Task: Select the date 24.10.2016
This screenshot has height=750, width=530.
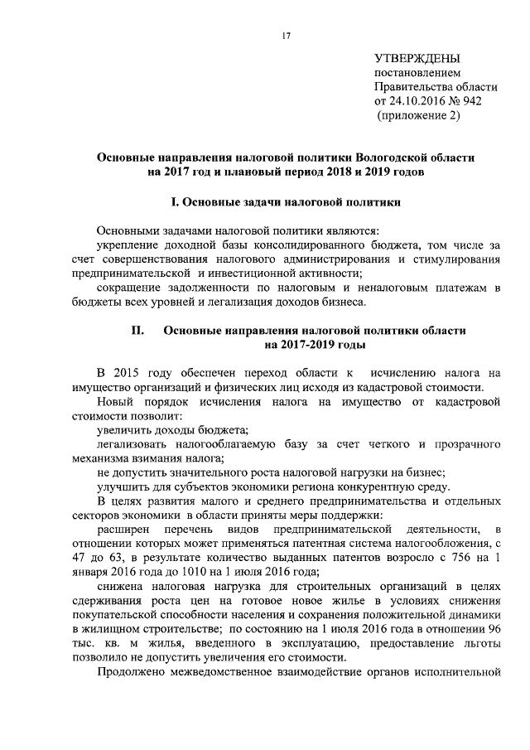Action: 418,101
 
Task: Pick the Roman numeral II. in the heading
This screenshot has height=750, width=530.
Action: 138,330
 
